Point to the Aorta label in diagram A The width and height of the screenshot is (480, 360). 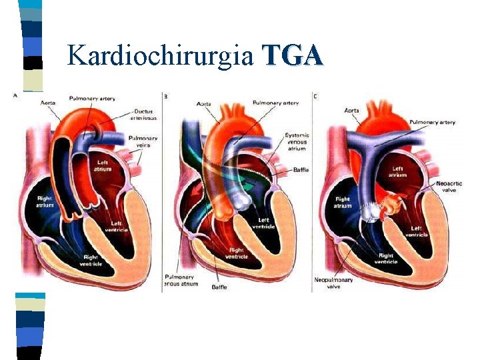(x=48, y=103)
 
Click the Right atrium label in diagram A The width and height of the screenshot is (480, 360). (x=45, y=201)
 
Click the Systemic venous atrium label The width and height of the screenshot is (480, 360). (x=297, y=141)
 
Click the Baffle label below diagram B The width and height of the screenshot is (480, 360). (x=219, y=287)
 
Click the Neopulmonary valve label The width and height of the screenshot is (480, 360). (x=333, y=283)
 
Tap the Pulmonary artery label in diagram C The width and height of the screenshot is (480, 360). (x=433, y=123)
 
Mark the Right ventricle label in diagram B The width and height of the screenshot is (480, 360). (x=237, y=253)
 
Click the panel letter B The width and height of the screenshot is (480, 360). (x=166, y=97)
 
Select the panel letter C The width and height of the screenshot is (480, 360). (x=315, y=97)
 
